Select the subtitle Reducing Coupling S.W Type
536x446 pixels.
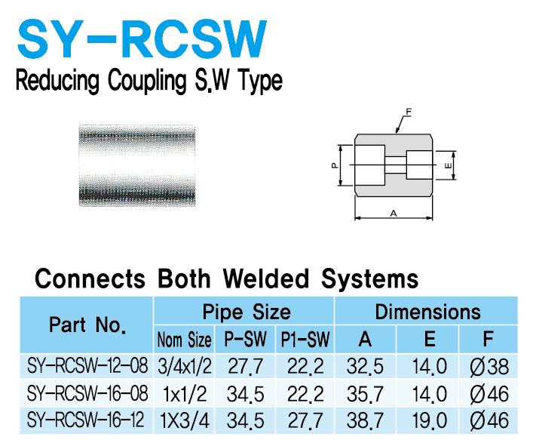pos(149,80)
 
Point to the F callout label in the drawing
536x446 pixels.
pos(408,112)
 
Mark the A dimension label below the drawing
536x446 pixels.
pos(393,214)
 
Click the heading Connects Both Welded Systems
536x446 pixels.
pos(226,278)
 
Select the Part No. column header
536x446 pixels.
pos(87,325)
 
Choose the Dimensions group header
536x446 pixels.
pos(427,312)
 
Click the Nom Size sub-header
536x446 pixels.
pos(184,340)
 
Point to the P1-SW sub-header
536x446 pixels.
pos(305,340)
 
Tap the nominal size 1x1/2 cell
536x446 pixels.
pos(184,394)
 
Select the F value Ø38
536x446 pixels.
pos(489,368)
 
